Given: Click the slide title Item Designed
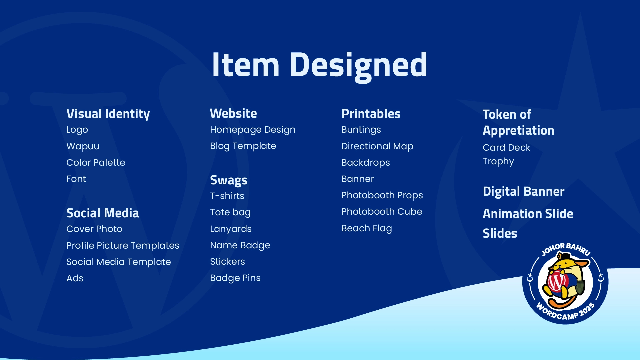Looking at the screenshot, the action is (319, 65).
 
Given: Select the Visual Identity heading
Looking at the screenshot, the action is (108, 114).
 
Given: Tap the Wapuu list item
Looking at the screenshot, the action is (83, 146).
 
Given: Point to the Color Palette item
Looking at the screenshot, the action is (96, 162).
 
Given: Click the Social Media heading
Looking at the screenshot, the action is (103, 213).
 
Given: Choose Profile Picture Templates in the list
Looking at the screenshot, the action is (123, 246).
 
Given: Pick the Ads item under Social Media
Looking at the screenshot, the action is (75, 278).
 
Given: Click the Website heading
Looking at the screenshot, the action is (233, 113).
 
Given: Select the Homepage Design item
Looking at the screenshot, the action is (253, 130).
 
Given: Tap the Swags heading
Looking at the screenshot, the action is (229, 180).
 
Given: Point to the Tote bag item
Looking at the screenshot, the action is (230, 212).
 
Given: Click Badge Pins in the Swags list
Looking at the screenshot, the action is (235, 278).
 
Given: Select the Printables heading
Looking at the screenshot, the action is (371, 114).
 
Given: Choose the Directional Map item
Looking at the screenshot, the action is (377, 146).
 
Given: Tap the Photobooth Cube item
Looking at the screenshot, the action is (382, 212).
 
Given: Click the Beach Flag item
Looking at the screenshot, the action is (367, 228).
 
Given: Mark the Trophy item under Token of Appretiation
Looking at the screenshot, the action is (498, 161).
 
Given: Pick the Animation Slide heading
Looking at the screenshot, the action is (528, 214).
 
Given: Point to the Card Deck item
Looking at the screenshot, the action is (506, 147).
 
